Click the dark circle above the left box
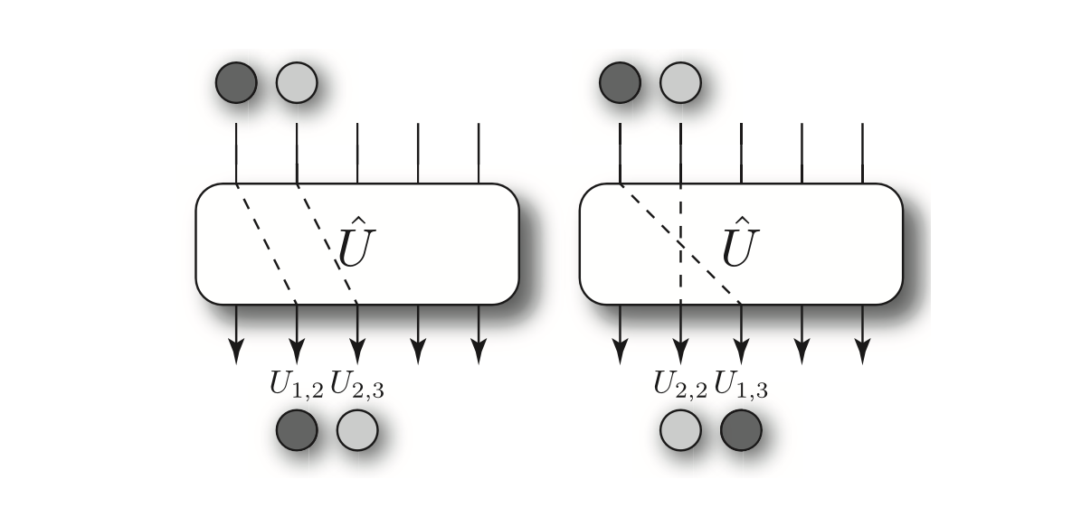236,83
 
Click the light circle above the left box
297,83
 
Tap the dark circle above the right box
620,83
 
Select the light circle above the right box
680,83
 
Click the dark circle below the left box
297,429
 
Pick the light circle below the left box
357,429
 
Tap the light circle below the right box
680,429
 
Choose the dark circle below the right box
741,429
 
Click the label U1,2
297,383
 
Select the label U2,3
358,383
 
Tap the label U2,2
681,383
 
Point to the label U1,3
742,383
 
